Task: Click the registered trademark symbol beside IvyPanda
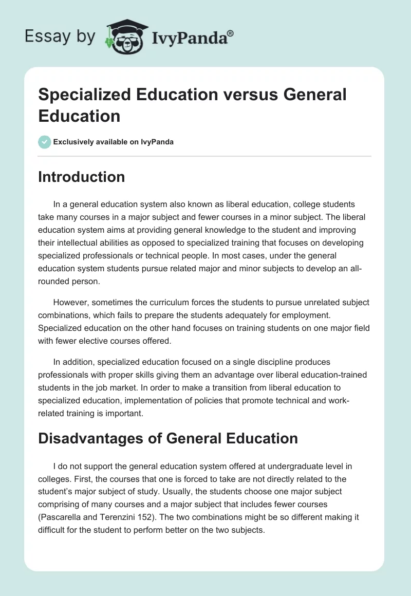(x=231, y=34)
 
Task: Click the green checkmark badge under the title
(x=45, y=142)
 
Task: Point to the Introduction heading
(x=82, y=177)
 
